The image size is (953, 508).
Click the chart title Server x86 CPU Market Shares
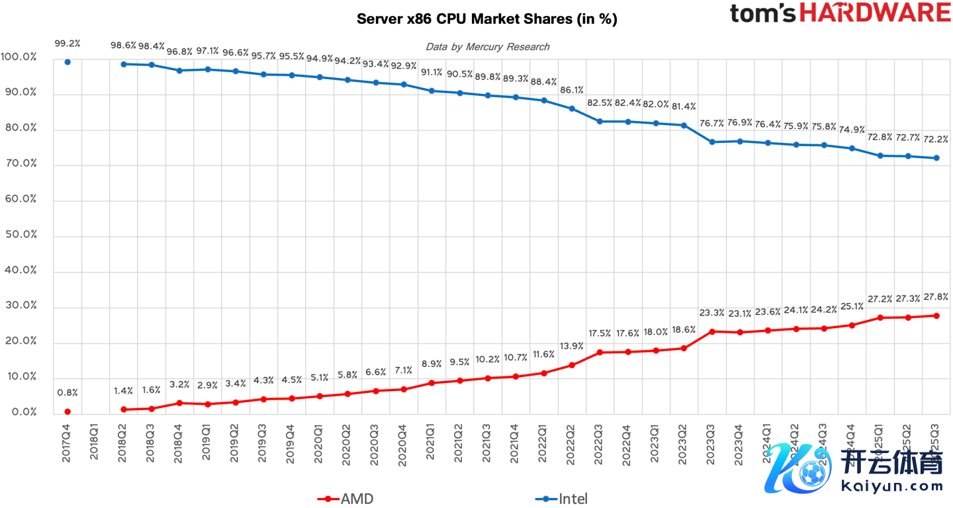point(486,19)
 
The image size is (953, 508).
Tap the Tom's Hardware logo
point(840,14)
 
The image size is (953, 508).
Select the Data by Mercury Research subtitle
point(487,46)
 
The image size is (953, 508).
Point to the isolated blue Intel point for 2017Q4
point(68,62)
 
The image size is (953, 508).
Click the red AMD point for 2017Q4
point(68,411)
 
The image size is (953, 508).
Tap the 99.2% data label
point(68,44)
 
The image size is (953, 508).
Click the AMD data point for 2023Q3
point(712,331)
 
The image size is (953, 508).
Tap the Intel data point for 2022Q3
point(599,121)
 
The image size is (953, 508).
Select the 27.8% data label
point(936,297)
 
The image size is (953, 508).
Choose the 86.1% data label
point(571,90)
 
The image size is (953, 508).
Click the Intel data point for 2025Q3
point(936,158)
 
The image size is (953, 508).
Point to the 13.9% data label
point(571,347)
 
